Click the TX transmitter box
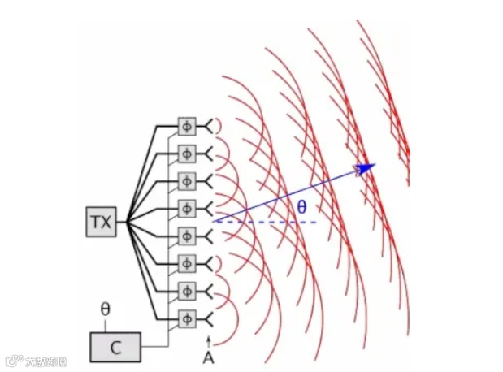(x=102, y=222)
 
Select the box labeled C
(x=115, y=347)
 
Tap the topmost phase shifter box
(x=187, y=125)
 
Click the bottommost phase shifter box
(x=187, y=317)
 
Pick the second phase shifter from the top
(x=187, y=153)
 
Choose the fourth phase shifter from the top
(x=187, y=208)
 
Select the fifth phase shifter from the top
(x=187, y=236)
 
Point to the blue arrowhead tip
(x=374, y=166)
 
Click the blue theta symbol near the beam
(x=301, y=208)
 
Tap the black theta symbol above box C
(x=105, y=309)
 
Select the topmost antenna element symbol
(x=210, y=125)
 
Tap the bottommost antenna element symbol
(x=210, y=317)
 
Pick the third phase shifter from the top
(x=187, y=180)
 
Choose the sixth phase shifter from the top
(x=187, y=263)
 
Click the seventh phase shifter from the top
(x=187, y=290)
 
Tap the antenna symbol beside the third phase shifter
(x=210, y=180)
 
